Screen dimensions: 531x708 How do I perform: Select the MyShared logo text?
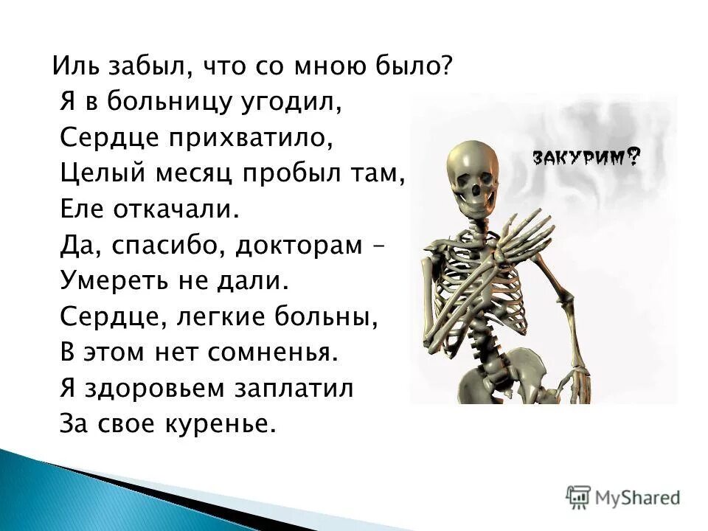point(636,497)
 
